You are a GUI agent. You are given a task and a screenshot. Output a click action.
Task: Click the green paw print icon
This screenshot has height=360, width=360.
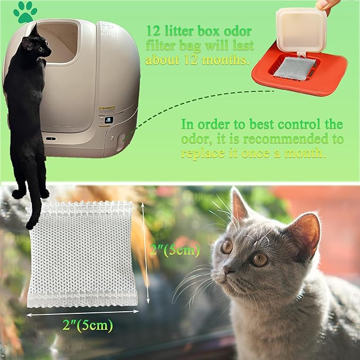pos(25,12)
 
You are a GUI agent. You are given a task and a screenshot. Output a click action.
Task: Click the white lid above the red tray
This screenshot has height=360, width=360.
pos(301,30)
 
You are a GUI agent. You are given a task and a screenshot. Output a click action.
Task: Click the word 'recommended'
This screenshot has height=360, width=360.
pos(287,139)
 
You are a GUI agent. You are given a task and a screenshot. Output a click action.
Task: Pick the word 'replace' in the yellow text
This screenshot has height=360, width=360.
pos(202,154)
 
